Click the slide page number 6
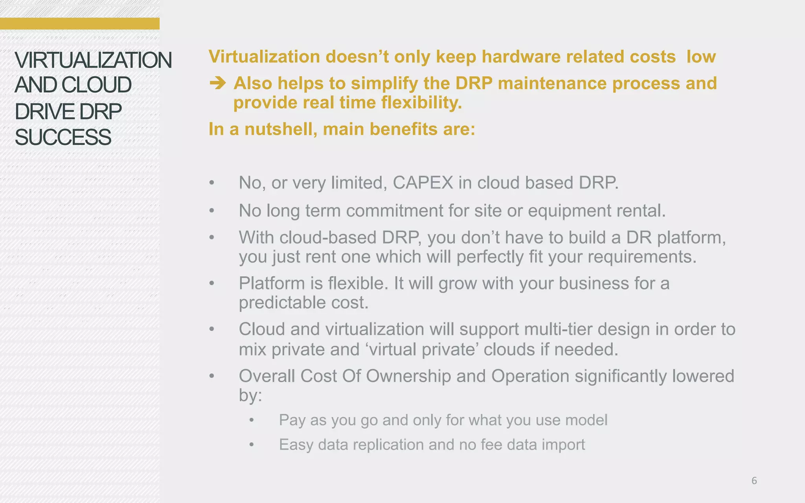pos(754,481)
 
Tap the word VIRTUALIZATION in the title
pos(93,60)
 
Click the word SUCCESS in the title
pos(63,137)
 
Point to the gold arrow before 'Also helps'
pos(217,83)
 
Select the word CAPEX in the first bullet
pos(423,183)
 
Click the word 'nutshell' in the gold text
pos(281,129)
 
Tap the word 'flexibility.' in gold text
pos(421,103)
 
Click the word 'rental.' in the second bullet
pos(641,211)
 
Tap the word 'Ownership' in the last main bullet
pos(408,376)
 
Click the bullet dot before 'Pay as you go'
pos(252,420)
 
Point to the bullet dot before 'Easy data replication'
pos(252,445)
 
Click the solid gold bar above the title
pos(79,24)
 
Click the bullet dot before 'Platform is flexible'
pos(212,283)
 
